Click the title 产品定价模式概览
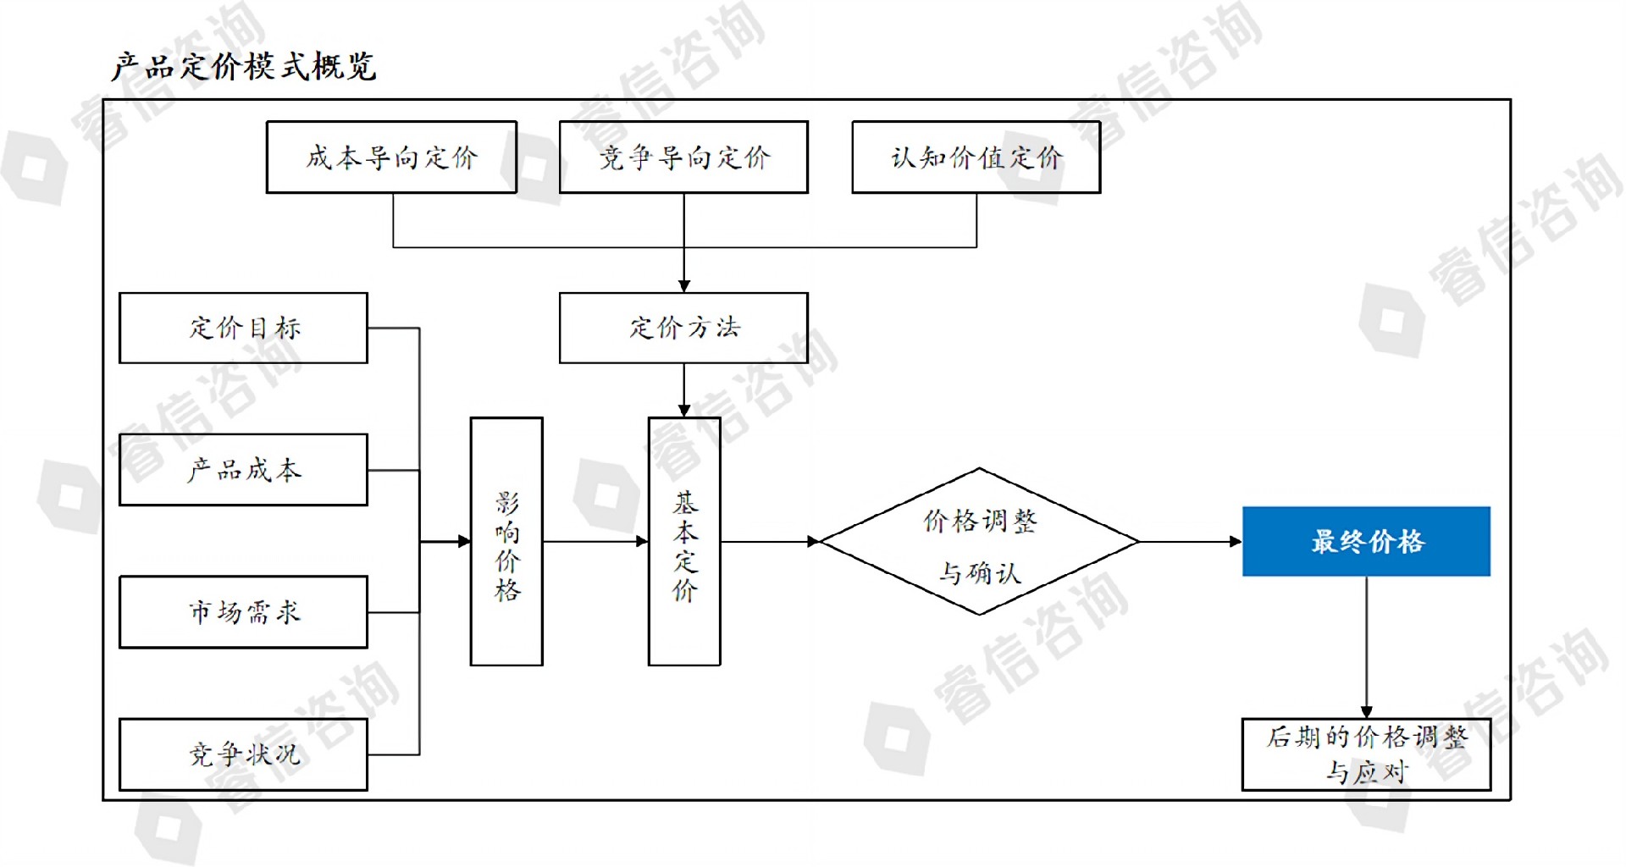243,66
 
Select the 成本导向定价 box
391,157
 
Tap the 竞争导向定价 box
683,157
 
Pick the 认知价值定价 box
976,157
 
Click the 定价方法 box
683,328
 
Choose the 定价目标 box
243,328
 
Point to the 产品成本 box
243,470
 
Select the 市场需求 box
243,612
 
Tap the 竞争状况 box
243,754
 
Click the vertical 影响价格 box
506,542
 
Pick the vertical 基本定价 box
684,542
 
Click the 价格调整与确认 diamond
980,542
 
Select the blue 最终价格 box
1366,542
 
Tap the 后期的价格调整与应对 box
1366,754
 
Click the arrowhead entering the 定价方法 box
683,286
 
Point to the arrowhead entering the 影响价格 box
464,541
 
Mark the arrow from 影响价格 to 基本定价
595,541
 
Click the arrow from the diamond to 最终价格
1190,541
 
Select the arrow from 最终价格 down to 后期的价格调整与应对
1366,648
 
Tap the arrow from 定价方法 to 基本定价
683,390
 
